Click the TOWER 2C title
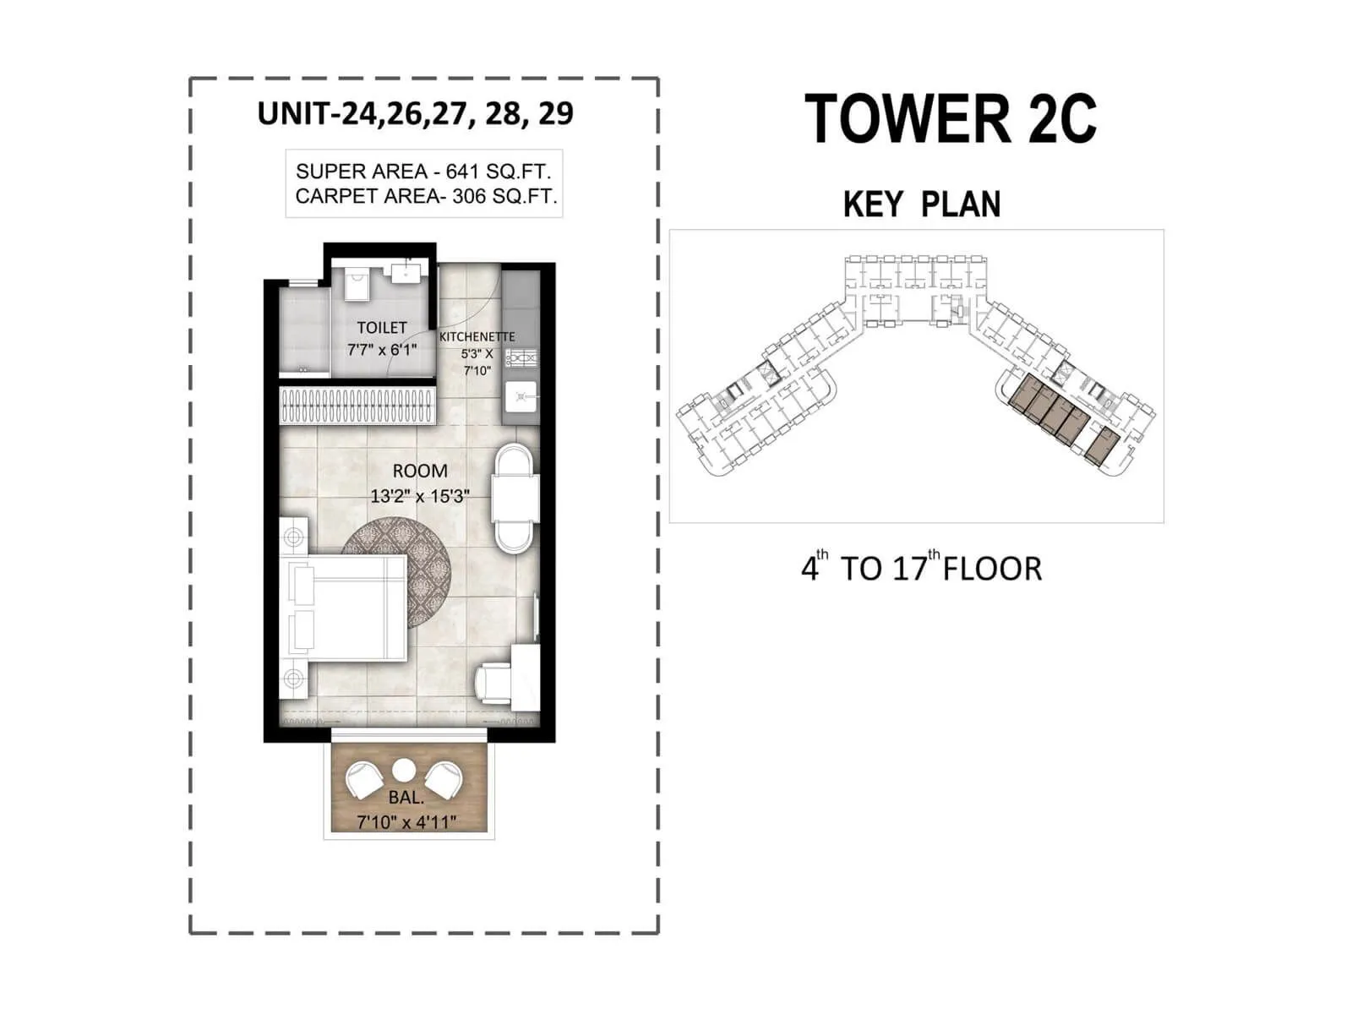[951, 119]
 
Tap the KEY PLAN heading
[922, 204]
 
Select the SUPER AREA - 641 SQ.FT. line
[423, 172]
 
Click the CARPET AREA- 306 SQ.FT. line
[426, 197]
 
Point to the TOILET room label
[381, 327]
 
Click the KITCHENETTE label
[477, 336]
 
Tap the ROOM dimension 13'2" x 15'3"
[419, 496]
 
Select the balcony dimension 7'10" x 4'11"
[406, 821]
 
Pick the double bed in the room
[346, 608]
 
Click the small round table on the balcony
[404, 771]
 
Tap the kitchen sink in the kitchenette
[521, 395]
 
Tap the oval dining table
[515, 499]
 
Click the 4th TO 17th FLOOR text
[921, 568]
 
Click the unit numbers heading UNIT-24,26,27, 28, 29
[416, 114]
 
